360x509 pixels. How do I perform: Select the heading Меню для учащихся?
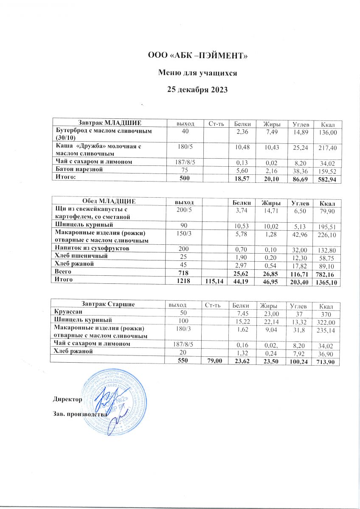[197, 73]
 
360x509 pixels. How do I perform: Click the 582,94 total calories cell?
[327, 178]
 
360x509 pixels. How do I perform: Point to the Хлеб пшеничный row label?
[79, 256]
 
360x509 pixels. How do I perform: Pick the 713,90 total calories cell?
[327, 362]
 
